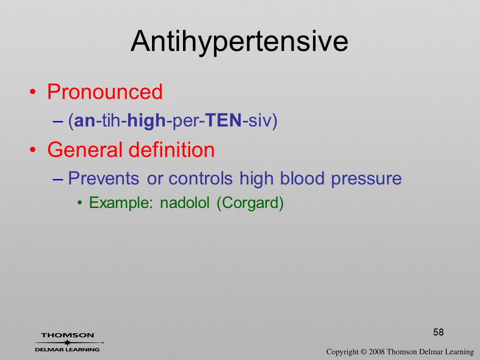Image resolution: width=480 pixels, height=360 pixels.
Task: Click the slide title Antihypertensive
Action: [239, 42]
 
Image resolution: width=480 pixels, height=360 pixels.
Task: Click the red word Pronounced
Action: [104, 91]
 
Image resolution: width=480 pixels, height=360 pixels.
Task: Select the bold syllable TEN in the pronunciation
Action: [223, 120]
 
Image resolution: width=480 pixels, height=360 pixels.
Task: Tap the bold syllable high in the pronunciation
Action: [146, 121]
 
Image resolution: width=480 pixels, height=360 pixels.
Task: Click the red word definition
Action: [171, 149]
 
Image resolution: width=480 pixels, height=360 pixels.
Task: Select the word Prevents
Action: [103, 178]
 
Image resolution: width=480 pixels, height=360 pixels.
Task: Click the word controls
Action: [200, 178]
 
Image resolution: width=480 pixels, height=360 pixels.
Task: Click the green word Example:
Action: [121, 202]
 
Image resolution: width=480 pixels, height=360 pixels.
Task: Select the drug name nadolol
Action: [185, 202]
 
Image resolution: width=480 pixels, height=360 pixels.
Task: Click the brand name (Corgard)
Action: [250, 203]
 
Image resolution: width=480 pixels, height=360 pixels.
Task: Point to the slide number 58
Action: [438, 332]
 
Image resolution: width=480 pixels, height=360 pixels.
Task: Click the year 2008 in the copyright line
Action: [376, 351]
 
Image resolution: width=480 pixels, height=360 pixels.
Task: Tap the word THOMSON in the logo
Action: [67, 335]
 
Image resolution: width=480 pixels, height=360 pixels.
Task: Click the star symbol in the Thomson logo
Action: [67, 342]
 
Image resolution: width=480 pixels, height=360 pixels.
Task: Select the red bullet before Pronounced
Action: [33, 92]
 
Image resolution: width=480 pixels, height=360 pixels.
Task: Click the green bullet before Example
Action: [80, 203]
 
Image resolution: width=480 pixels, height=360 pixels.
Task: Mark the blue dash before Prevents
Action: [58, 179]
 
